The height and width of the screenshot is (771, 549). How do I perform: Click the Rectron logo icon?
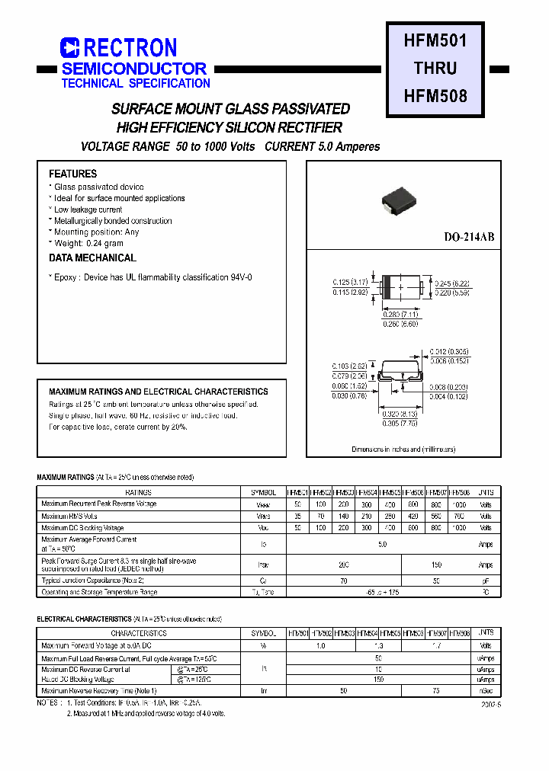[69, 48]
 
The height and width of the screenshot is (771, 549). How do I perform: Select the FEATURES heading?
[73, 174]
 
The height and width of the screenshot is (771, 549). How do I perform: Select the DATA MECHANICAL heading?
[92, 258]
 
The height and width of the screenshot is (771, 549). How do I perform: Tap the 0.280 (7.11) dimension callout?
[401, 314]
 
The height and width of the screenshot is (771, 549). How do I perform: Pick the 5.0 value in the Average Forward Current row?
[382, 544]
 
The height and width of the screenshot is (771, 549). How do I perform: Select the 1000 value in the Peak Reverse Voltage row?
[457, 504]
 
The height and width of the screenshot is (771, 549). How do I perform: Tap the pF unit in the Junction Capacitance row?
[485, 581]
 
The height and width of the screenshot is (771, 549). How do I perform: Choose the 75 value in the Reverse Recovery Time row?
[435, 691]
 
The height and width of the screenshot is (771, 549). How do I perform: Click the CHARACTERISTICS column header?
[139, 633]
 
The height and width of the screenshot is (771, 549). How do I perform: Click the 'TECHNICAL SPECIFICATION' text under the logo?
[136, 84]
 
